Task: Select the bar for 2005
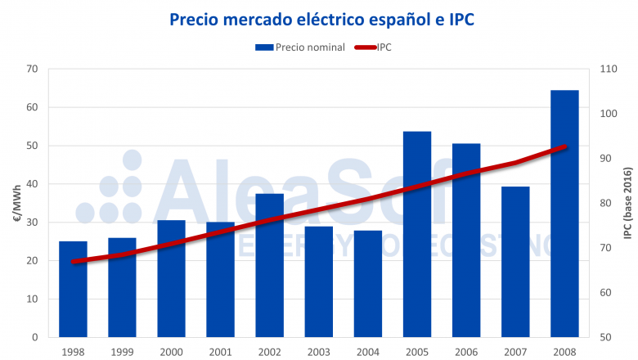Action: pos(417,234)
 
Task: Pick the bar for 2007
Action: pos(515,262)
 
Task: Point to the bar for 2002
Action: pos(269,265)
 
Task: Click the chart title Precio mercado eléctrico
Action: pos(321,18)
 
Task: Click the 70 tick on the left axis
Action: pos(32,69)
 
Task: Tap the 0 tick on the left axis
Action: pos(35,337)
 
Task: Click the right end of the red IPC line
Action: pos(565,146)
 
